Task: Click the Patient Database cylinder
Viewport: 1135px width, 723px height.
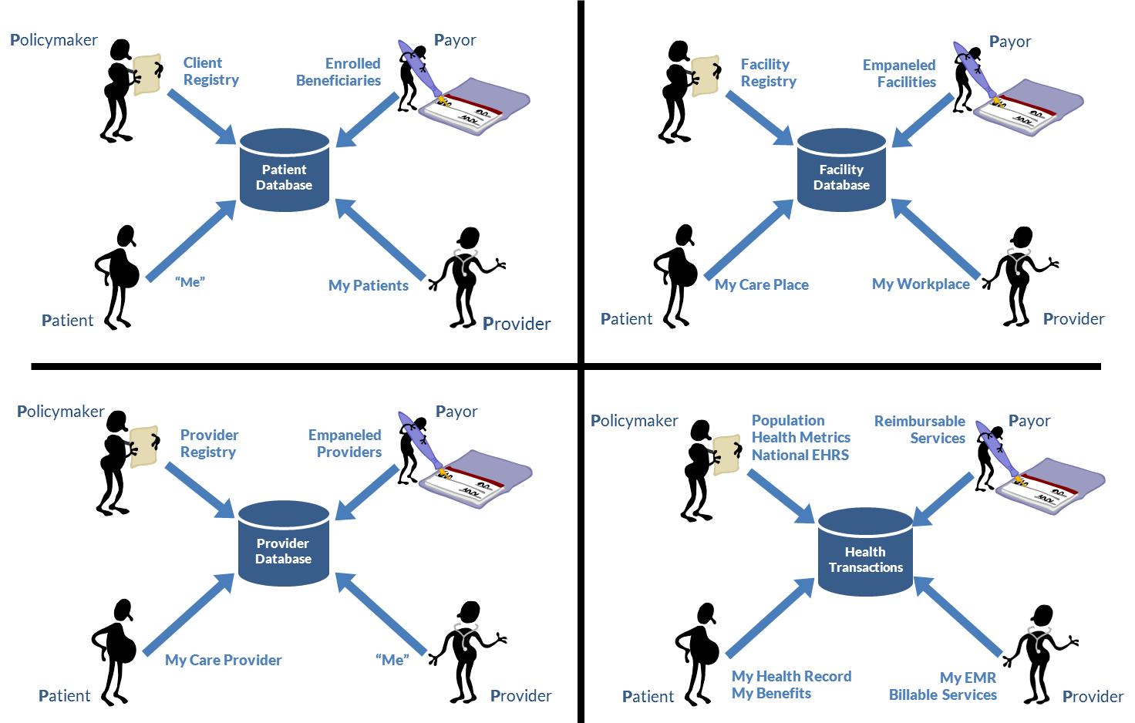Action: coord(284,171)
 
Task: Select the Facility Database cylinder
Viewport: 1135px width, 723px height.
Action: coord(841,171)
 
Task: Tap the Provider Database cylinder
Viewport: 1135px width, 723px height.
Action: coord(283,545)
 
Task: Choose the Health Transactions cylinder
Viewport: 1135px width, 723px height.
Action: coord(865,553)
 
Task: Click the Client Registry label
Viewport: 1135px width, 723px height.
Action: coord(209,72)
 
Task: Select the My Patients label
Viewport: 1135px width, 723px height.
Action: coord(368,286)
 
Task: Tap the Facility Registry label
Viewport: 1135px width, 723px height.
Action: coord(767,73)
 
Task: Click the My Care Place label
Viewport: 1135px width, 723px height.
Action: coord(762,285)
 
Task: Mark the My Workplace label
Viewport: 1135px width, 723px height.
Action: coord(921,284)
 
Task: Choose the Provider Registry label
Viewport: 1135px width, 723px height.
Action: coord(208,444)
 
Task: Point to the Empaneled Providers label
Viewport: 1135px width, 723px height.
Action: coord(345,444)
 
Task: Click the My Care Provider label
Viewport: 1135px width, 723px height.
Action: coord(223,661)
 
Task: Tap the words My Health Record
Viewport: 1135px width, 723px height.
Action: coord(792,676)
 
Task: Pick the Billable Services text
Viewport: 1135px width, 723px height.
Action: coord(942,694)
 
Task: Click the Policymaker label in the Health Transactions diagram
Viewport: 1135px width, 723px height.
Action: coord(635,421)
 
